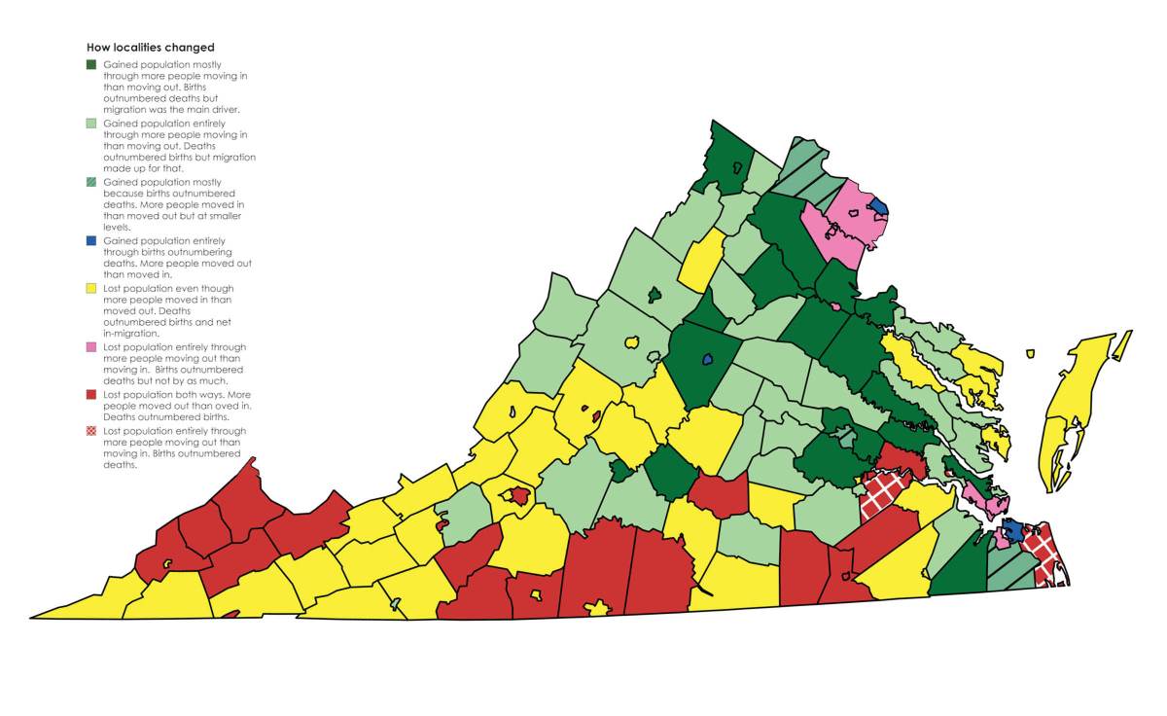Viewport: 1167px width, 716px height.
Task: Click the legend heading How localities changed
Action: tap(150, 47)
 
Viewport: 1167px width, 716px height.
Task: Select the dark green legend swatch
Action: tap(91, 64)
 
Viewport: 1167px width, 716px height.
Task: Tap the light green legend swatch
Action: tap(91, 124)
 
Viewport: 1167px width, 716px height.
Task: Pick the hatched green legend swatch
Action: tap(91, 182)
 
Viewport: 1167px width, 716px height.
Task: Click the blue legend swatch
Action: tap(91, 240)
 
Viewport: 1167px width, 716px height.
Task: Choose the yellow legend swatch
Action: tap(91, 288)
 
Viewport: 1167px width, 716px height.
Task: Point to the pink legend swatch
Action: tap(91, 346)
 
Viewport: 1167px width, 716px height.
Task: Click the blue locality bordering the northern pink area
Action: tap(877, 206)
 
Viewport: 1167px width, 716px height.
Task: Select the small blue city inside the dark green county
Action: tap(707, 358)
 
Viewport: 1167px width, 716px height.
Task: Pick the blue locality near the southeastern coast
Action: tap(1012, 530)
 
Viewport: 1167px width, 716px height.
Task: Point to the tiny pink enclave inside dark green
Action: tap(835, 306)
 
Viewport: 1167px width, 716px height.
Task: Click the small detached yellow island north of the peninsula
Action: tap(1030, 353)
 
